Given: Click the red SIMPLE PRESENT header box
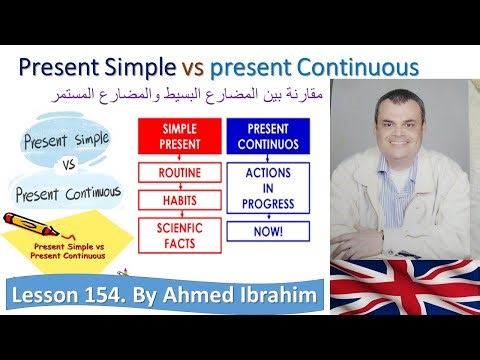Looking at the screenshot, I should [178, 136].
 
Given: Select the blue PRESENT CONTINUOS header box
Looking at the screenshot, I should [267, 136].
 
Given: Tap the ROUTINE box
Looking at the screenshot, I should [178, 174].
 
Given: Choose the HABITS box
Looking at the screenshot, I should [178, 201].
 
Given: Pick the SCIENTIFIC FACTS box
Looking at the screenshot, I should [178, 236].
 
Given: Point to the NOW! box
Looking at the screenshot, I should [267, 231].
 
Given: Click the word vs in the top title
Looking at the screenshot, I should [194, 68].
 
